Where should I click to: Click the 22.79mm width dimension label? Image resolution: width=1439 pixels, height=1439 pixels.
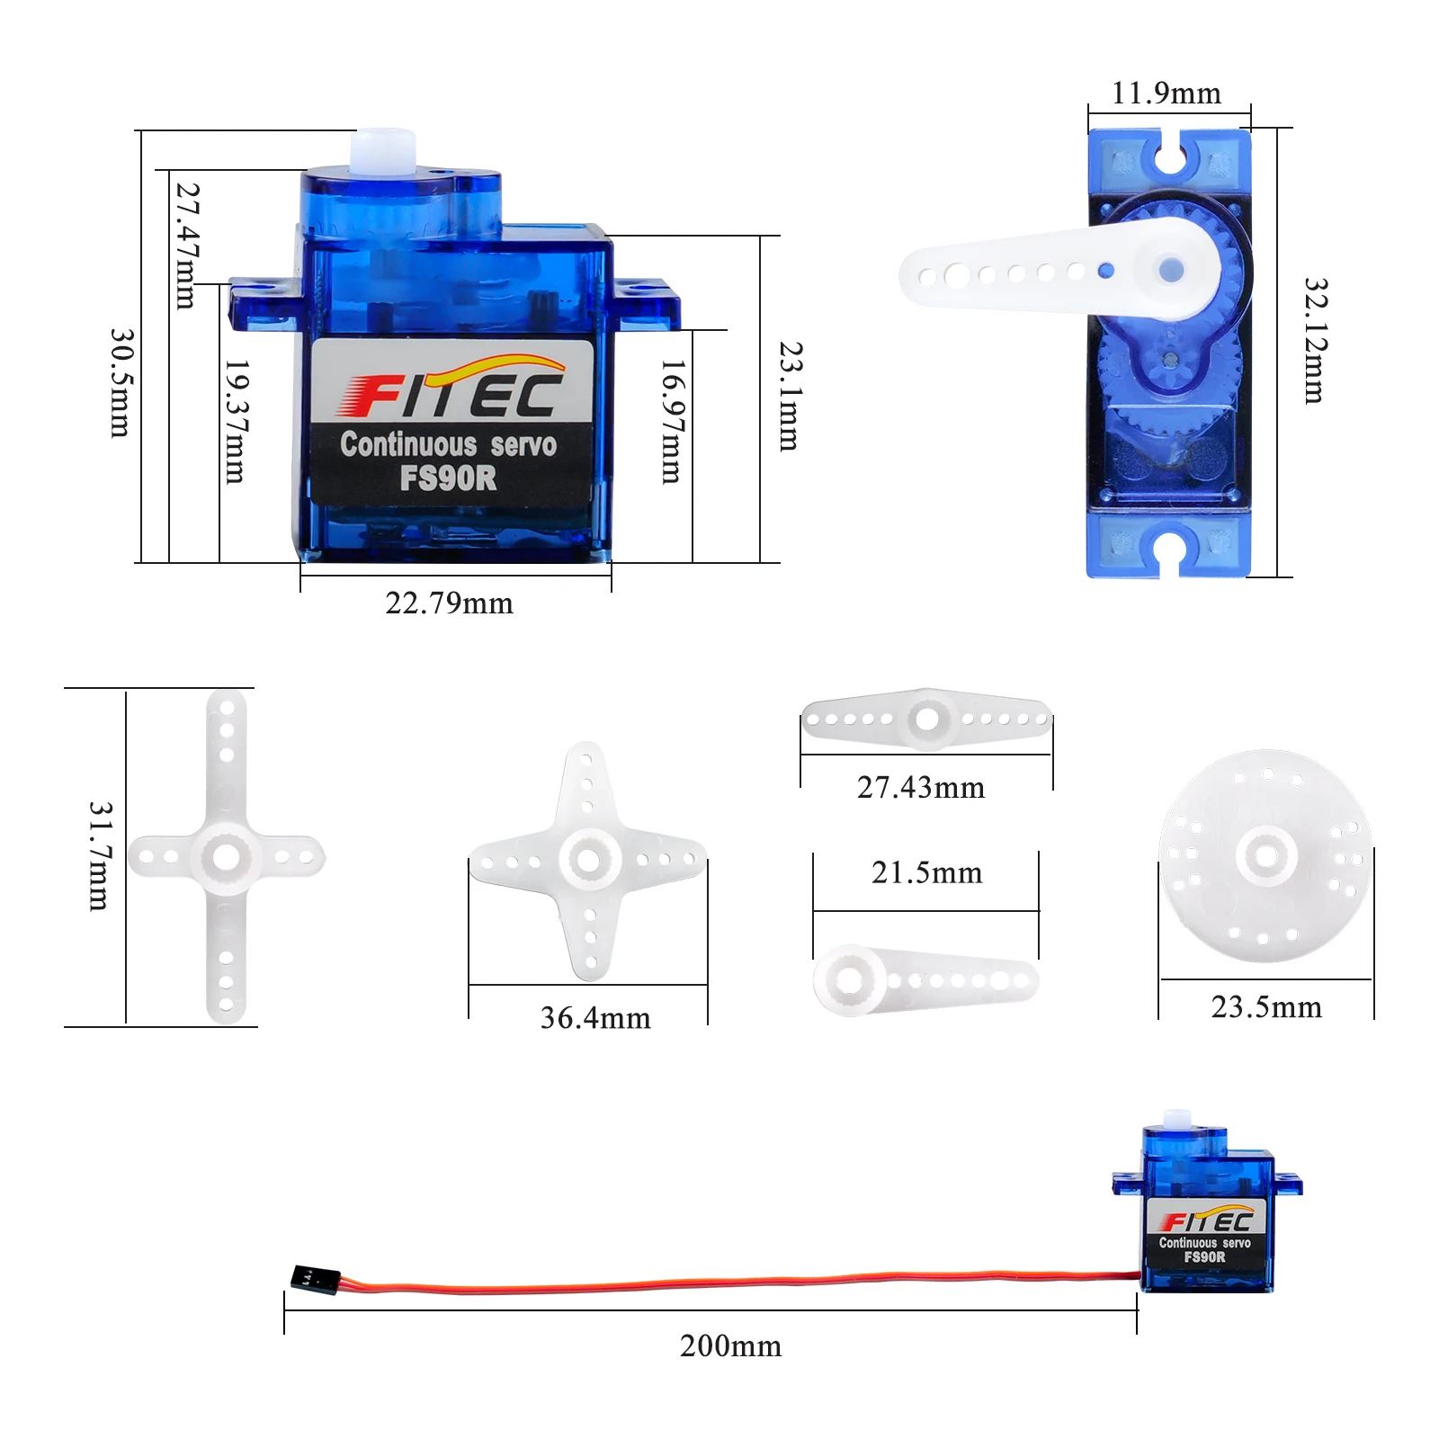pyautogui.click(x=449, y=603)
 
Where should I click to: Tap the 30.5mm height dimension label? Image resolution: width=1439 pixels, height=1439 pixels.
pyautogui.click(x=121, y=383)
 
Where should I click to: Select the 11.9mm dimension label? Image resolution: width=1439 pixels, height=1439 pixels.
pyautogui.click(x=1166, y=94)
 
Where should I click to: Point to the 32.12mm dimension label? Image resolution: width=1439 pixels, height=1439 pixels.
pyautogui.click(x=1315, y=341)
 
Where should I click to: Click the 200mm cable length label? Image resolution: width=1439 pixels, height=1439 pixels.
pyautogui.click(x=730, y=1346)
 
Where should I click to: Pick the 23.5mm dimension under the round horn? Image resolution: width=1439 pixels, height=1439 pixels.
pyautogui.click(x=1266, y=1007)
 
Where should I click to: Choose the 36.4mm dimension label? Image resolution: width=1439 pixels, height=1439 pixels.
pyautogui.click(x=594, y=1018)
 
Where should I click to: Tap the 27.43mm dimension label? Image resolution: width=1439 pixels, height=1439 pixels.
pyautogui.click(x=920, y=788)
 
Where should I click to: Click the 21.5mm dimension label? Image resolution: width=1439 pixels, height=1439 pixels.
pyautogui.click(x=926, y=872)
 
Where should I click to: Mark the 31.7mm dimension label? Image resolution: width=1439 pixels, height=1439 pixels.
pyautogui.click(x=100, y=856)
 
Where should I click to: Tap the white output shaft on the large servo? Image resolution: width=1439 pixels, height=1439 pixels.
pyautogui.click(x=385, y=149)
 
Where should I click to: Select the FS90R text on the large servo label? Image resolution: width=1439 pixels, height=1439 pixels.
pyautogui.click(x=448, y=478)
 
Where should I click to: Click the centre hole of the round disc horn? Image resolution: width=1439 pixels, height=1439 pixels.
pyautogui.click(x=1266, y=855)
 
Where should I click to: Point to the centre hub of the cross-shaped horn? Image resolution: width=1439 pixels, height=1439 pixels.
pyautogui.click(x=226, y=856)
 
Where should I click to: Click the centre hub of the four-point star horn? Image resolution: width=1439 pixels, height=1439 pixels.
pyautogui.click(x=589, y=861)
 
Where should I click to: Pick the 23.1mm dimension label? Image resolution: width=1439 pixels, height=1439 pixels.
pyautogui.click(x=790, y=396)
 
